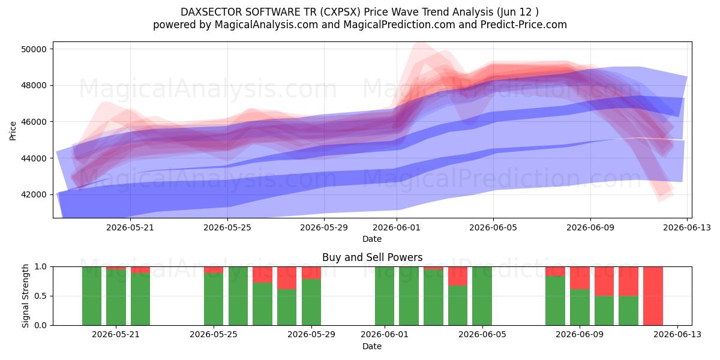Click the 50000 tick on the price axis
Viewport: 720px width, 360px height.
34,49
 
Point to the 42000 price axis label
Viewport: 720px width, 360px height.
34,195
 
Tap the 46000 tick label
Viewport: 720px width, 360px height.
34,122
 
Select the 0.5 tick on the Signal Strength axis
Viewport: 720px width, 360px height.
41,296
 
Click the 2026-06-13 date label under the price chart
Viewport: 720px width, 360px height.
687,227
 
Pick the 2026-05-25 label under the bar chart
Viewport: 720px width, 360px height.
214,334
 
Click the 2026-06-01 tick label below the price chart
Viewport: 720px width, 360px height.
397,227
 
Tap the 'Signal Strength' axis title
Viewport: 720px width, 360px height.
25,296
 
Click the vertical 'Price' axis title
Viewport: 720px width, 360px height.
13,131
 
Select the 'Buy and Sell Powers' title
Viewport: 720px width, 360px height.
372,257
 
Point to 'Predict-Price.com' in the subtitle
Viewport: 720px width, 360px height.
524,25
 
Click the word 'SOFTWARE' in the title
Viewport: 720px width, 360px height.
268,12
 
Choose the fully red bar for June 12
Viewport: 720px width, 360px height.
653,296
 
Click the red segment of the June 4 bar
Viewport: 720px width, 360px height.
458,276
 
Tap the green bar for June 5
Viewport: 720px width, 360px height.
482,296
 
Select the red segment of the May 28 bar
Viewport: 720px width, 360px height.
287,278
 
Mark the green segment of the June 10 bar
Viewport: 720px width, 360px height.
604,311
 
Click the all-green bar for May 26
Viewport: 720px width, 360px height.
238,296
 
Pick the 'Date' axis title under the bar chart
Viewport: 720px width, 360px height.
372,346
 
